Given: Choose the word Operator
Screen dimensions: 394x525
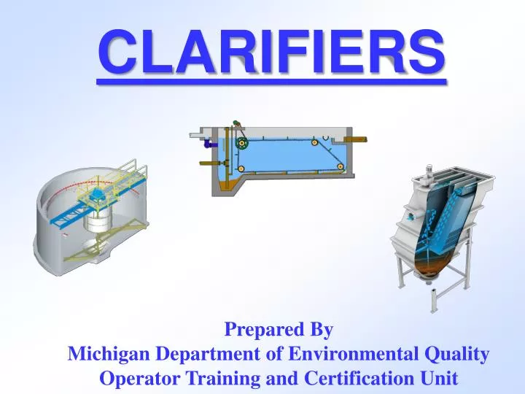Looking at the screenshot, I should click(133, 379).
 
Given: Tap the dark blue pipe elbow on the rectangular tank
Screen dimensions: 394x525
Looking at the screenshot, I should click(208, 144).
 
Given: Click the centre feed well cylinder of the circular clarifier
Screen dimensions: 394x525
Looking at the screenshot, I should click(95, 220).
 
